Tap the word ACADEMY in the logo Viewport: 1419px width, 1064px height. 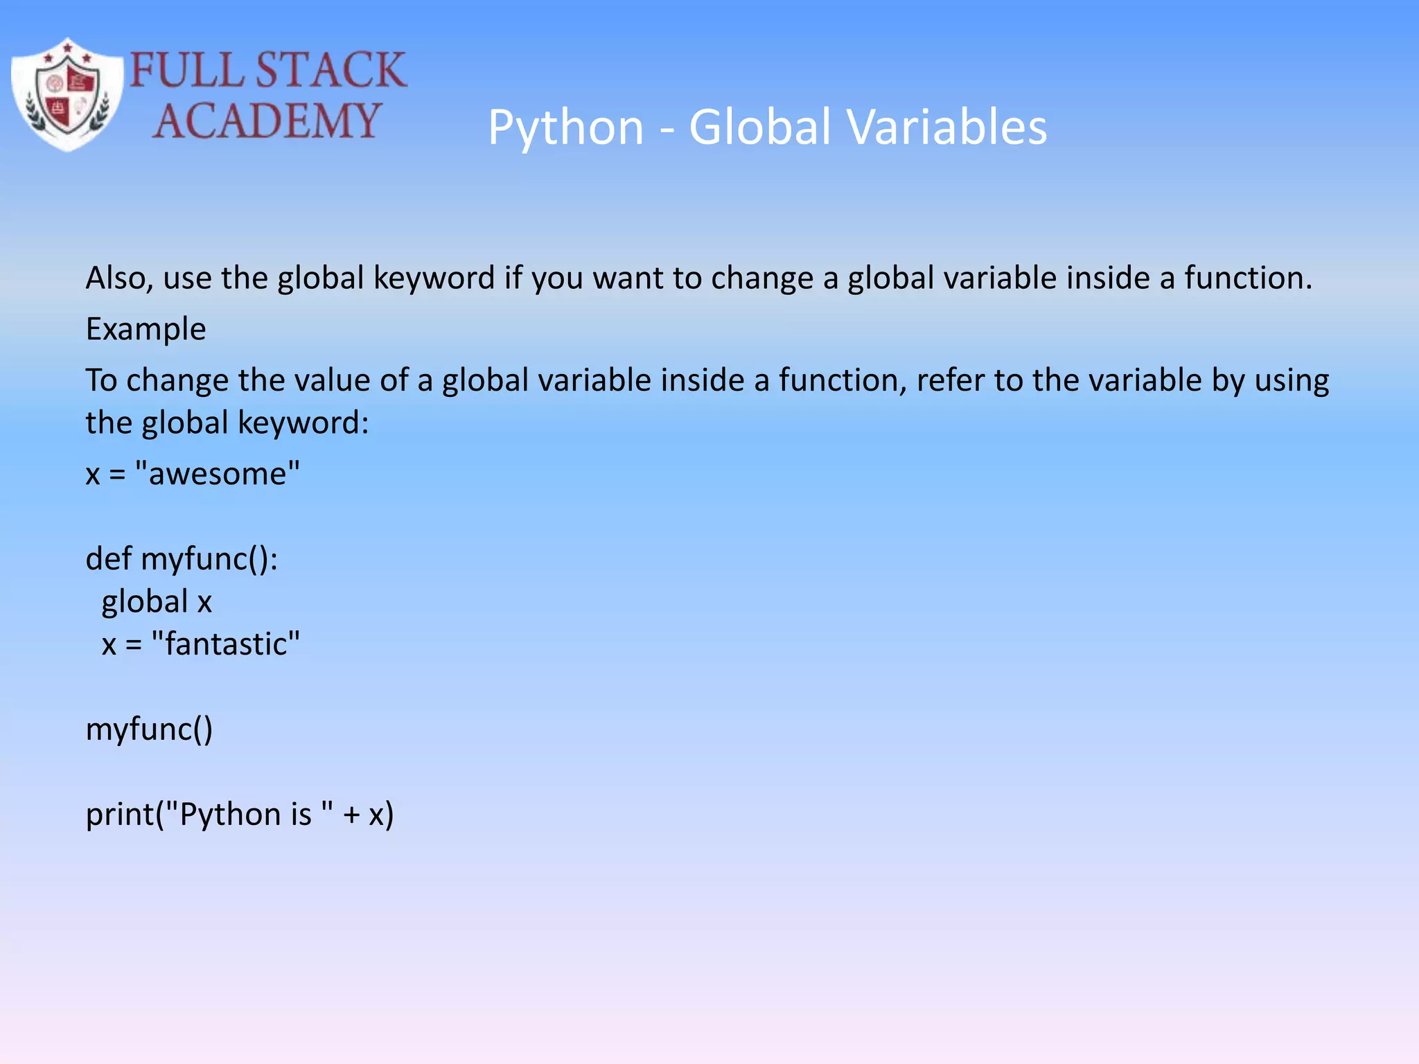click(267, 121)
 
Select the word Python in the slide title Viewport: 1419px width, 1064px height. click(565, 128)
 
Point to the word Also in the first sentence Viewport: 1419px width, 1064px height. click(118, 278)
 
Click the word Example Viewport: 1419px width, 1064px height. click(146, 329)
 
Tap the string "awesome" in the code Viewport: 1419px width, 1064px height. click(218, 475)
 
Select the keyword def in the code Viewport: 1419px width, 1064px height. click(108, 558)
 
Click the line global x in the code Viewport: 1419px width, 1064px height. click(157, 601)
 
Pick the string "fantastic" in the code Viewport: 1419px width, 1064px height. click(225, 644)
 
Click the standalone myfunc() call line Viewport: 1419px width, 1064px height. click(149, 729)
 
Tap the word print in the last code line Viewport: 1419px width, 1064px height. click(119, 815)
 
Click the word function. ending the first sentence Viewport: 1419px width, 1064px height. click(1248, 278)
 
